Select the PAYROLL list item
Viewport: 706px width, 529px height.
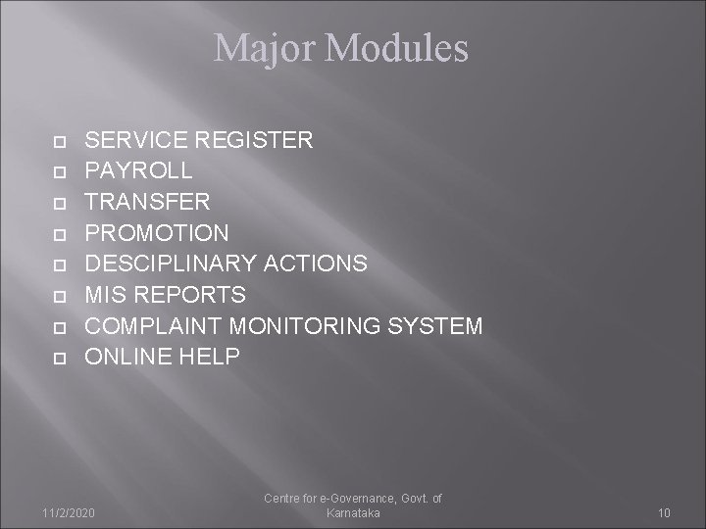click(138, 171)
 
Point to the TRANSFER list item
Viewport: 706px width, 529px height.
click(147, 202)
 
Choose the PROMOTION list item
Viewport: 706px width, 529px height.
click(157, 233)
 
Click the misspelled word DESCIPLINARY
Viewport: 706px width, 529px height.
click(172, 264)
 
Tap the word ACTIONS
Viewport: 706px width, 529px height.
click(316, 264)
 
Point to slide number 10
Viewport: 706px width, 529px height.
click(664, 513)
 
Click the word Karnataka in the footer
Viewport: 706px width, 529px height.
click(352, 513)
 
